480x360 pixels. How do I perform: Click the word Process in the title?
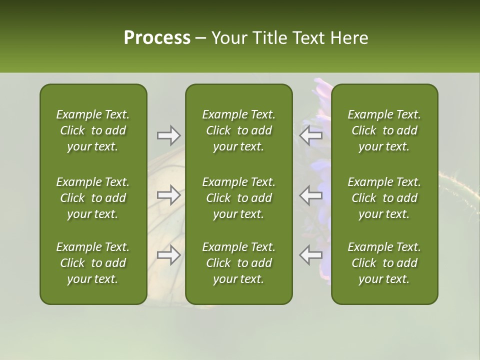coord(157,38)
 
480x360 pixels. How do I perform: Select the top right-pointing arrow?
coord(168,135)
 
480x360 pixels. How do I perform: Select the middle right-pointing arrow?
coord(168,195)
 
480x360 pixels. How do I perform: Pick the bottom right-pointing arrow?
coord(168,255)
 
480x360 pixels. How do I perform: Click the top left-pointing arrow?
coord(311,135)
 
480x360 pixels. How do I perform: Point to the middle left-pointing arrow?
coord(311,195)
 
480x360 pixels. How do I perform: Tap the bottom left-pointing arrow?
coord(311,255)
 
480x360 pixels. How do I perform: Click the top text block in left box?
coord(93,130)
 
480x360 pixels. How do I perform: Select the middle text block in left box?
coord(93,198)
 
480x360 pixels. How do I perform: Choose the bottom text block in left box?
coord(93,263)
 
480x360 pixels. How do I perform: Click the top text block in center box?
coord(239,130)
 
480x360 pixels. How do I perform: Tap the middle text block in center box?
coord(239,198)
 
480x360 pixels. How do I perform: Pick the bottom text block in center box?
coord(239,263)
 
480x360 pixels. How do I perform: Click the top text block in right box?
coord(384,130)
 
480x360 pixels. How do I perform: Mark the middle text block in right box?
coord(384,198)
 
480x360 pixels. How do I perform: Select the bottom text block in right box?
coord(384,263)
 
